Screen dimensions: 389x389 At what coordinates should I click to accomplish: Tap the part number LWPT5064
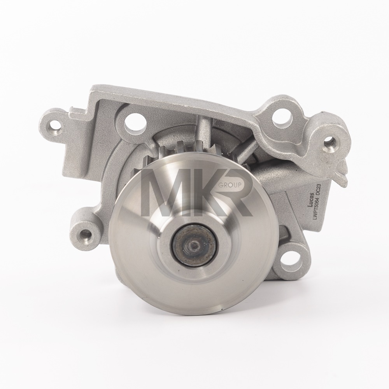pyautogui.click(x=316, y=207)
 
